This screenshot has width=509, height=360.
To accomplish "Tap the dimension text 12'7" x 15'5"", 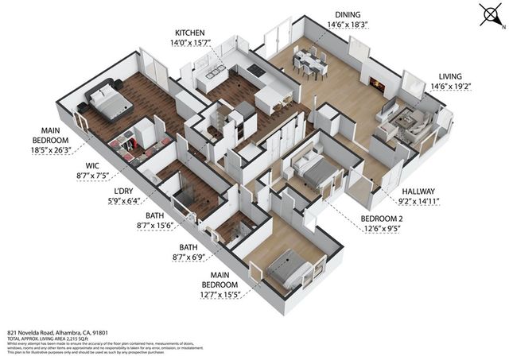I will pos(216,295).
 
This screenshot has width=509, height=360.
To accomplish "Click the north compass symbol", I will pos(488,16).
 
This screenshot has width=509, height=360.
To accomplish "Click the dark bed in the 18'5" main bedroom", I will pos(106,99).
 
